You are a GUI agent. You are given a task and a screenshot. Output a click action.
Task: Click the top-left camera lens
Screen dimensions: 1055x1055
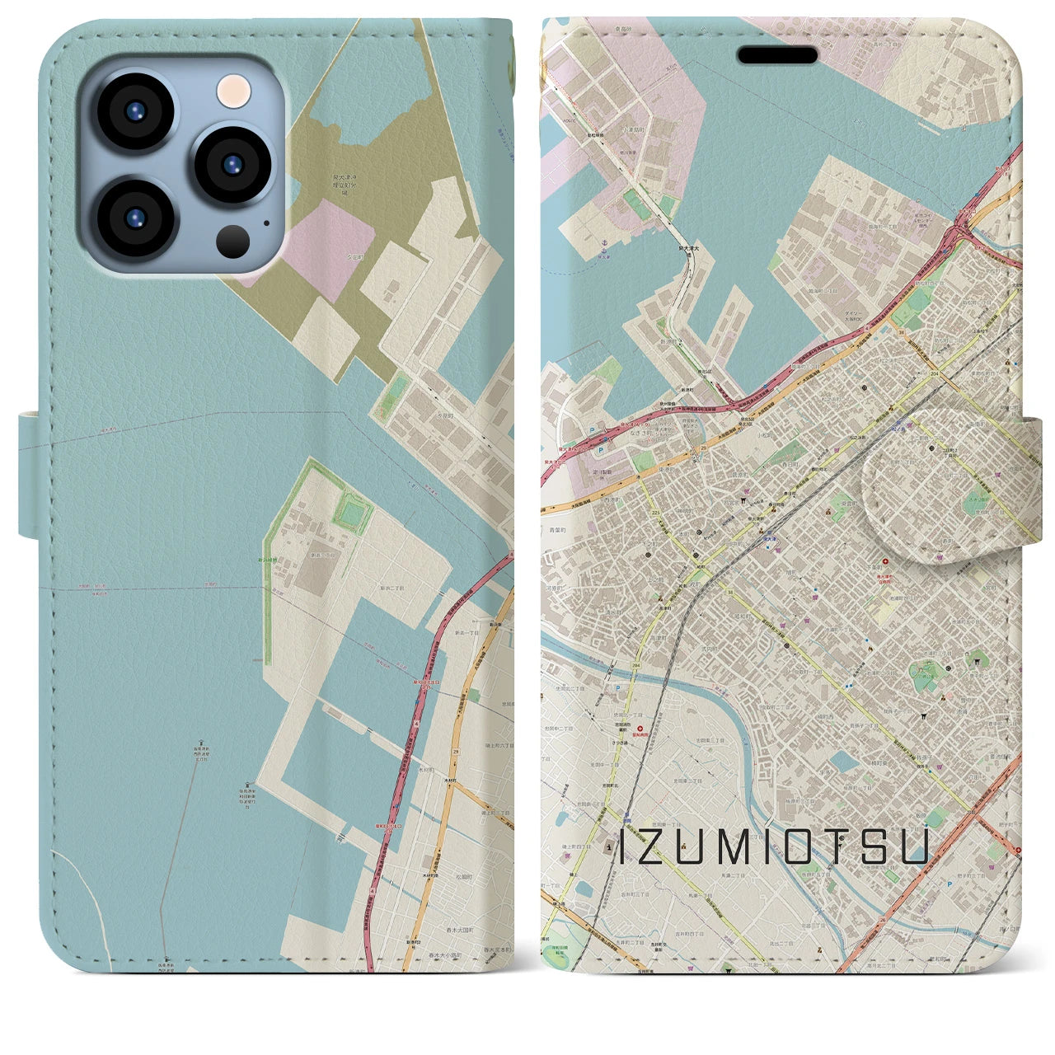135,111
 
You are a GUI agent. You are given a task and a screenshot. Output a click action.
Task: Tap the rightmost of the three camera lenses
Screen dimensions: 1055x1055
232,163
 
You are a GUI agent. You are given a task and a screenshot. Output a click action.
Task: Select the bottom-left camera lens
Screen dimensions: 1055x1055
135,217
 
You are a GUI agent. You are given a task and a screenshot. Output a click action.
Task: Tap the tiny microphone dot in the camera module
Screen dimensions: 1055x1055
265,222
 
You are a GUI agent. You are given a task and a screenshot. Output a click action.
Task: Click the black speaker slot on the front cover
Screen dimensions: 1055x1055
777,55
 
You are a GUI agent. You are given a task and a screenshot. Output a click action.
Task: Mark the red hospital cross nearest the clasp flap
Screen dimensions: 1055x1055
862,561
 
